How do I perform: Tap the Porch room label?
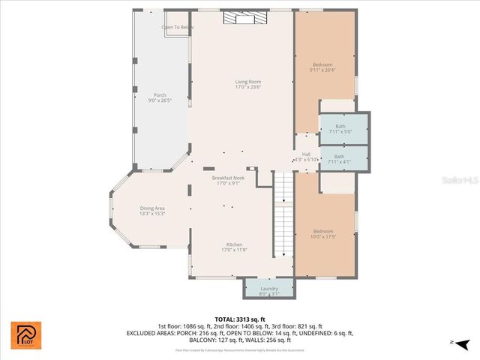coord(160,97)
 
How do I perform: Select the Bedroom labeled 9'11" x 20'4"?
coord(322,67)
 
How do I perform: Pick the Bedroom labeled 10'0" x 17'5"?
coord(323,234)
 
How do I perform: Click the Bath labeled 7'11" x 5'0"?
coord(340,129)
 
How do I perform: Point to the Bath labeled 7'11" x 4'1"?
coord(340,159)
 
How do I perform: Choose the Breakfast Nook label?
coord(227,181)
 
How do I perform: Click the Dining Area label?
coord(152,211)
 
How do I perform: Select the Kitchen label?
coord(235,247)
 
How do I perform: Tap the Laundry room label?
coord(269,290)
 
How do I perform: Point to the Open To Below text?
coord(178,27)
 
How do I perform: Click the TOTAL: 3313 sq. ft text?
coord(240,319)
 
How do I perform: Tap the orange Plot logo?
coord(25,334)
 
